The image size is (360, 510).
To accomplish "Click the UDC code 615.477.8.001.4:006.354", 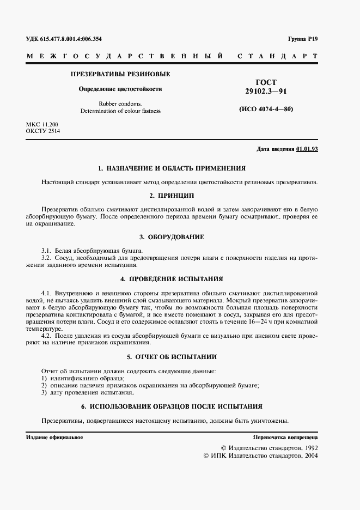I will click(x=64, y=39).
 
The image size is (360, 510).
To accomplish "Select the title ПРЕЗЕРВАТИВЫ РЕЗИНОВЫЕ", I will click(x=120, y=74).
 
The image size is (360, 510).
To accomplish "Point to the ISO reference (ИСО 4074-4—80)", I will click(x=266, y=108).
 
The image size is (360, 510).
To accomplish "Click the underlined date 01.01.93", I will click(x=307, y=149).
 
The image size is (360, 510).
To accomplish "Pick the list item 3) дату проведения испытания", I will click(x=88, y=392).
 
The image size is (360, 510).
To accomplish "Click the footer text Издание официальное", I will click(x=54, y=438).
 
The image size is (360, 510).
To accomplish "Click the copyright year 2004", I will click(x=310, y=454).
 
